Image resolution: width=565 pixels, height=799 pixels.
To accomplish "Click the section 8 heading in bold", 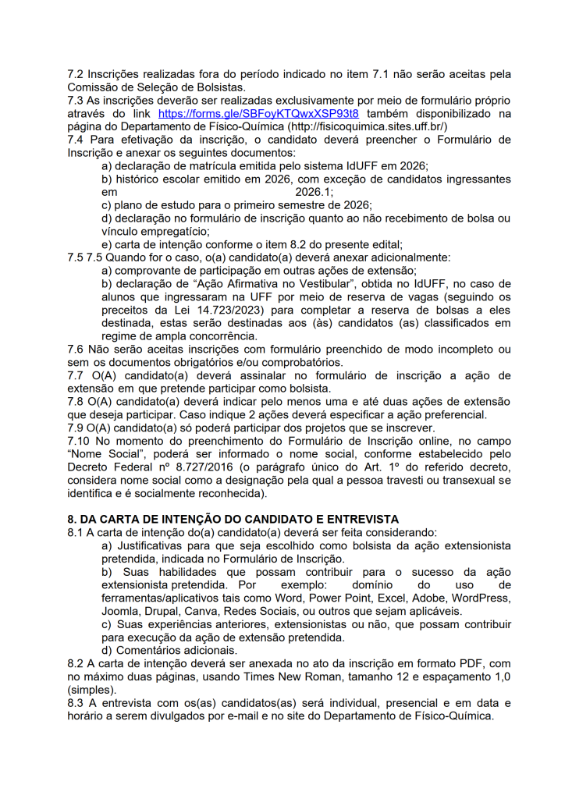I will point(233,519).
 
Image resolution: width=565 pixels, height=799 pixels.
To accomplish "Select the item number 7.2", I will point(77,74).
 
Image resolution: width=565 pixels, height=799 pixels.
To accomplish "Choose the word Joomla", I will point(121,611).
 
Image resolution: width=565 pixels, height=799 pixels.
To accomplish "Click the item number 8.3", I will point(77,704).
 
